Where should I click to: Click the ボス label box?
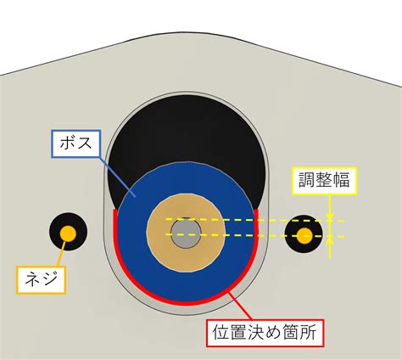(76, 143)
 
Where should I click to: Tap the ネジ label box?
(41, 279)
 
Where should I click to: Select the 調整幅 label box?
(325, 181)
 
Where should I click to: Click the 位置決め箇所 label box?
(265, 333)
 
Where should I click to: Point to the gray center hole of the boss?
(186, 233)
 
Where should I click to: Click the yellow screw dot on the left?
(68, 233)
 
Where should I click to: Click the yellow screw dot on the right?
(304, 235)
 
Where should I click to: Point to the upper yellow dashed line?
(255, 220)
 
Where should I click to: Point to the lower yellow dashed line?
(255, 235)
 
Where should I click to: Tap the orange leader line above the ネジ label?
(61, 254)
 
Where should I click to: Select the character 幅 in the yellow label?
(341, 180)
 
